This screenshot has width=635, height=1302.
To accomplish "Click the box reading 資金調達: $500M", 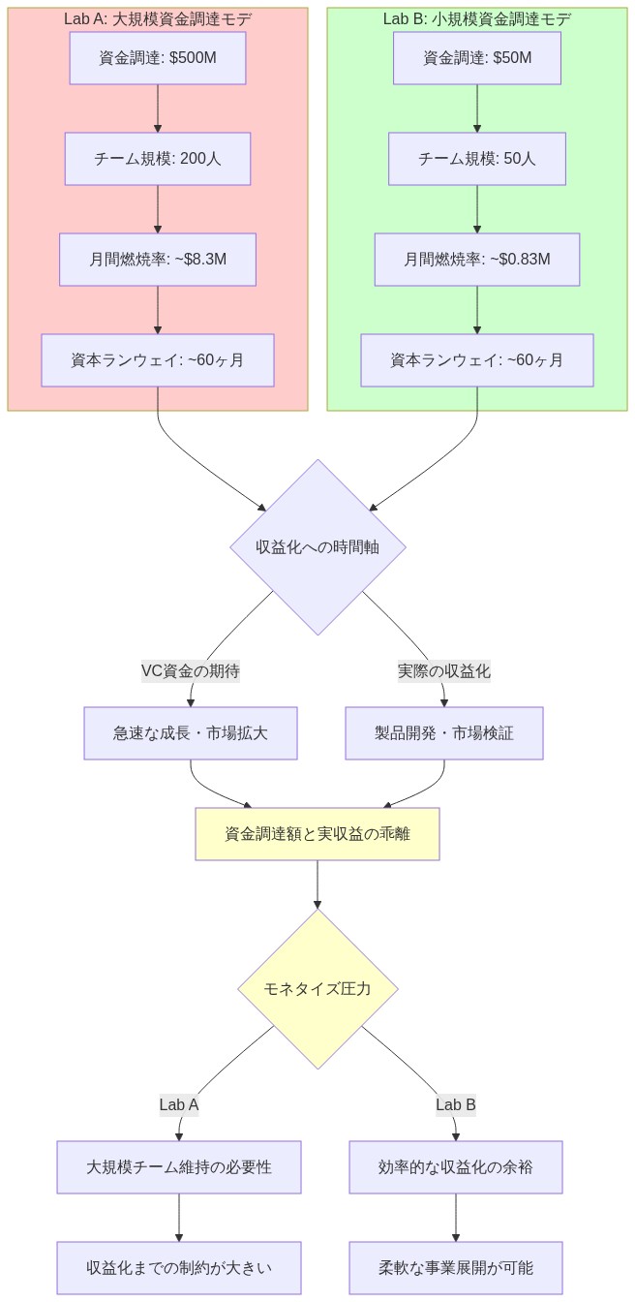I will (x=158, y=58).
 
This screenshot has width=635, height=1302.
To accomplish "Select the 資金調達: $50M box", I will (x=477, y=58).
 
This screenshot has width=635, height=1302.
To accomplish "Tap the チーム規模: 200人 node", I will (x=158, y=159).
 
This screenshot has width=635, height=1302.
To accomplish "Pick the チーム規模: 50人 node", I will (x=477, y=159).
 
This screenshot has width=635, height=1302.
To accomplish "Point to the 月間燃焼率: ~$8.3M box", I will (x=158, y=260).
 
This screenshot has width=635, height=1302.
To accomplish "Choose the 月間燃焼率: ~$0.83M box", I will (x=477, y=260).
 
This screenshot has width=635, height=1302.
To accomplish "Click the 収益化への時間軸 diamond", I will (x=317, y=547).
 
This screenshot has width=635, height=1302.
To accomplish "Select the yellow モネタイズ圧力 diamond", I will (x=317, y=989).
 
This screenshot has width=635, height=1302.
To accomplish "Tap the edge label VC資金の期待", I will (x=191, y=670).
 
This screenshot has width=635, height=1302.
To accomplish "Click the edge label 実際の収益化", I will (x=444, y=670).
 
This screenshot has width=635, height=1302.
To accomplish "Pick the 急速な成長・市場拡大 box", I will (x=191, y=733).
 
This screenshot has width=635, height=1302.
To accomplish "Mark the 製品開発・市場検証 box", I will (x=444, y=733).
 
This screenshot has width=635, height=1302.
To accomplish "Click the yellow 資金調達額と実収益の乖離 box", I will (x=317, y=834).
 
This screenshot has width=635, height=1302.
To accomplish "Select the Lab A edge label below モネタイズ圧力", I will (x=179, y=1104).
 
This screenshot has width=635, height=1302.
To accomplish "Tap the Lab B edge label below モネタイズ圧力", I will (x=456, y=1104).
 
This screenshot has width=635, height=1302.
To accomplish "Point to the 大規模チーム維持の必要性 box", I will (x=179, y=1167).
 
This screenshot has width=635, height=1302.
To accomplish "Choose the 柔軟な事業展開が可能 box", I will (x=456, y=1268).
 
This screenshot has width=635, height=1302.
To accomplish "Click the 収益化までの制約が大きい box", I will (x=179, y=1268).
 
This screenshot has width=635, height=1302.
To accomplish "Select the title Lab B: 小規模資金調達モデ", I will (x=477, y=19).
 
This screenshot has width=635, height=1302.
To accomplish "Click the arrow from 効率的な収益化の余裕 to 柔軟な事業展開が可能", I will (x=456, y=1218).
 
